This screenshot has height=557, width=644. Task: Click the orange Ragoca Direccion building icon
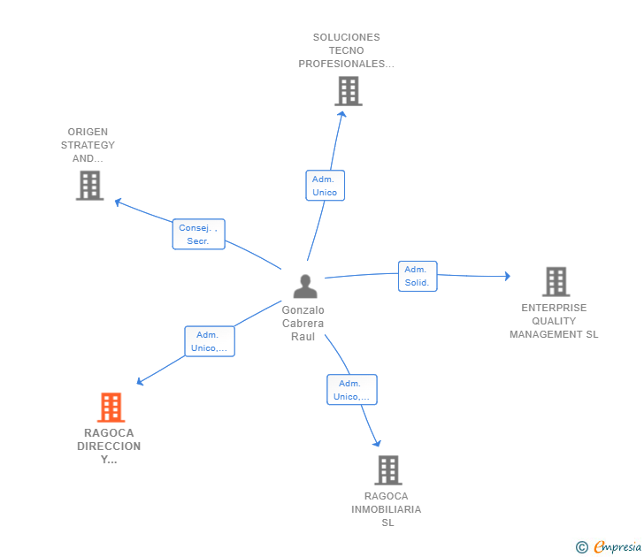111,408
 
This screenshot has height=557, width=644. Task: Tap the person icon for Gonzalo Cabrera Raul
305,286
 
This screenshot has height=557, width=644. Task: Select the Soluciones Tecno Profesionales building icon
349,91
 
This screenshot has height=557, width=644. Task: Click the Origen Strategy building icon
89,186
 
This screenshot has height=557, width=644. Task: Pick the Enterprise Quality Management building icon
556,282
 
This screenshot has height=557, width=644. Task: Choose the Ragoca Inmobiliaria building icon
387,470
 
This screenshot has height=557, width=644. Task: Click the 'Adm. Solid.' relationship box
417,276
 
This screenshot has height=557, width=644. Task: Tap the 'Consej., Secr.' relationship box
198,234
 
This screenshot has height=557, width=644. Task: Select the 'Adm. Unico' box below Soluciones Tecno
325,186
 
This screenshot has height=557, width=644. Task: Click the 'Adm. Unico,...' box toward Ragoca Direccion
209,341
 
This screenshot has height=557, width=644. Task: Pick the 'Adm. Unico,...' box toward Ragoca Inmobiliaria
351,390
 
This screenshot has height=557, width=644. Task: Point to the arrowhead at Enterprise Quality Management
507,276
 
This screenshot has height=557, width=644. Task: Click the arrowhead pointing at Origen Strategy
118,202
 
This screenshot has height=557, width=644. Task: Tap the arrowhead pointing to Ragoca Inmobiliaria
378,443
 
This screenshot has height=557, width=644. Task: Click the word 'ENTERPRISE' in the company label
554,308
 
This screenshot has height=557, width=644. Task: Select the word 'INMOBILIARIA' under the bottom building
386,509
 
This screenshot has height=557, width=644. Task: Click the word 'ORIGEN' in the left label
88,132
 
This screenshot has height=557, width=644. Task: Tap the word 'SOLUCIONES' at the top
346,37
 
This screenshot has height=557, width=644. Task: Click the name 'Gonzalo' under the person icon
303,310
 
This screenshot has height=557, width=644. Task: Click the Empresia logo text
617,547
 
